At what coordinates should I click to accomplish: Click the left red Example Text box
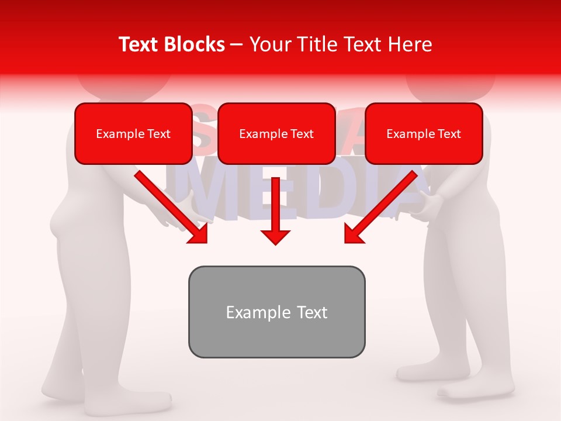pos(133,133)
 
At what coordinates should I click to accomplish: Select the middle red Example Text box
pos(276,133)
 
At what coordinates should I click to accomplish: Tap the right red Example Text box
pos(424,133)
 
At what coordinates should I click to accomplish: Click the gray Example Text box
pos(276,312)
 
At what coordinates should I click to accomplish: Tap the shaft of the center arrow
pos(275,202)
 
